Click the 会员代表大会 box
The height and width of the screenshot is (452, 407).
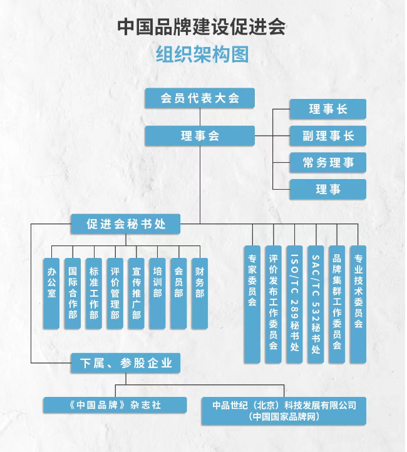(200, 98)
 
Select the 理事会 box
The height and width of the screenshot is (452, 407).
(200, 135)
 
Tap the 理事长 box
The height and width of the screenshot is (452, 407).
(327, 109)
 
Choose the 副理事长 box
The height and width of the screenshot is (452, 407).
(327, 136)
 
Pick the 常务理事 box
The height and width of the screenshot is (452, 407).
(327, 163)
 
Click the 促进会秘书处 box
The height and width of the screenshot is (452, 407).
(126, 223)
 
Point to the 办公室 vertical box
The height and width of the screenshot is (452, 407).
(52, 293)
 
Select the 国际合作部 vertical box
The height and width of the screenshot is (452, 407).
(73, 293)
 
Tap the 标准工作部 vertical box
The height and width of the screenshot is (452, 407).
(94, 293)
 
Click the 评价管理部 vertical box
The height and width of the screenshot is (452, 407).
(115, 293)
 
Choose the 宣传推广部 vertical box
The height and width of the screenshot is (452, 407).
(136, 293)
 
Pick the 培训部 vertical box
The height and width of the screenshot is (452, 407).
(157, 293)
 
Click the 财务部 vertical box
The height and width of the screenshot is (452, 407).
(199, 293)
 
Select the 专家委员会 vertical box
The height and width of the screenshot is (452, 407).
(252, 304)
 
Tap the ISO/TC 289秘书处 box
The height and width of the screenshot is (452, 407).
(295, 304)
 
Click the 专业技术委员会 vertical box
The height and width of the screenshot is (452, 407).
(358, 304)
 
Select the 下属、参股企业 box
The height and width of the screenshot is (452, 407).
(126, 362)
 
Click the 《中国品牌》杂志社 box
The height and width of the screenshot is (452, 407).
(115, 404)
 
